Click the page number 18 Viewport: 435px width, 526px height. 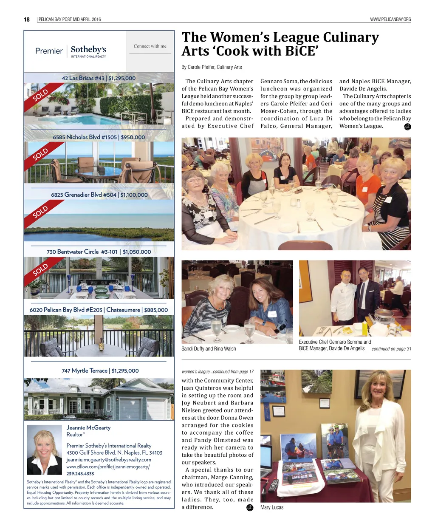27,19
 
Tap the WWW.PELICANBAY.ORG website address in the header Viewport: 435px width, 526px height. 390,20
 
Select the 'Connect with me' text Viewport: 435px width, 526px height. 150,46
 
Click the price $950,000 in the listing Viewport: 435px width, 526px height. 133,137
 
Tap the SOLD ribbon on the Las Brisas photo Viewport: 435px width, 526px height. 41,96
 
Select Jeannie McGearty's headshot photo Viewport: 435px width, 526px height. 44,450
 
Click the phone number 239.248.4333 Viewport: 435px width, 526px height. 80,474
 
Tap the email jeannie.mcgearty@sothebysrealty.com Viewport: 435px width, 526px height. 109,460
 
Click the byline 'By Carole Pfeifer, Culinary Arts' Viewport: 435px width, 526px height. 212,67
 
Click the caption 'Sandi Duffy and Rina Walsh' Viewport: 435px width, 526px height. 209,349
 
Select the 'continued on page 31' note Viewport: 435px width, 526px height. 391,349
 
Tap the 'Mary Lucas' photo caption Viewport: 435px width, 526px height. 272,507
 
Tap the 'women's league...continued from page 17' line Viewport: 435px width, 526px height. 217,371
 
